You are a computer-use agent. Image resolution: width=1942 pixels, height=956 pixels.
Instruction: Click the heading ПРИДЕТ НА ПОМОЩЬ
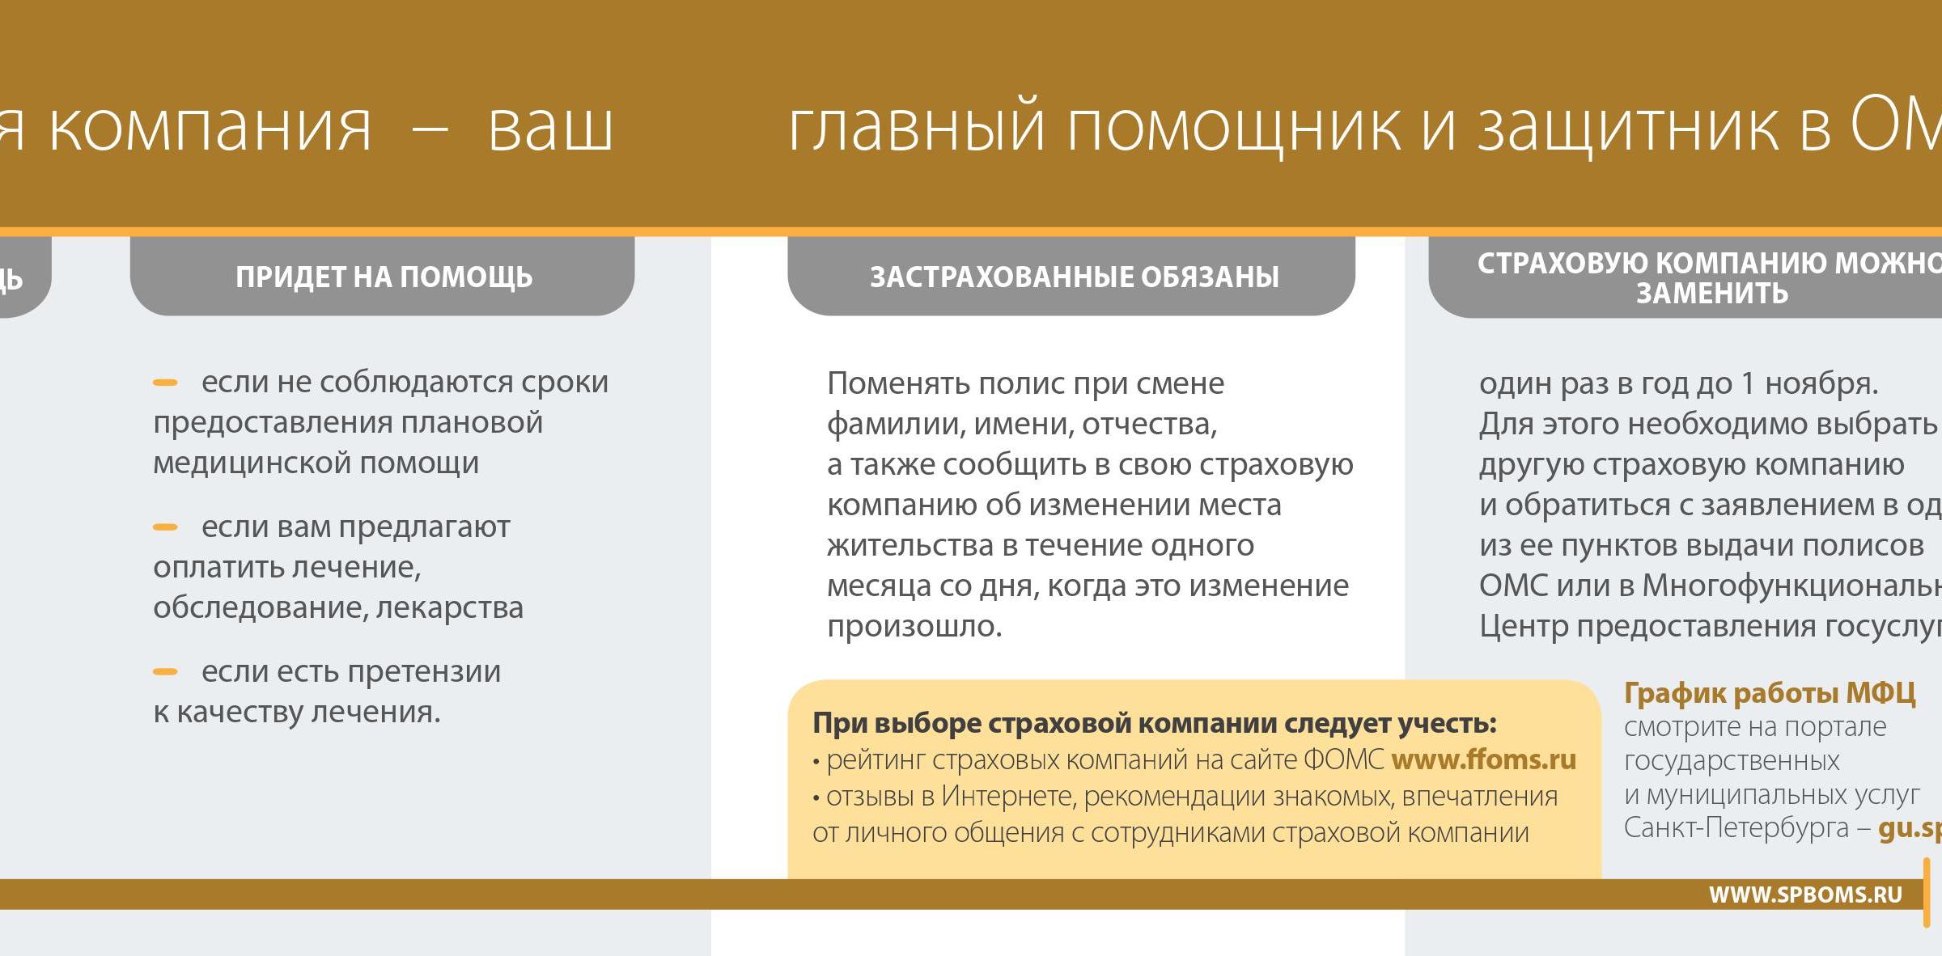tap(384, 277)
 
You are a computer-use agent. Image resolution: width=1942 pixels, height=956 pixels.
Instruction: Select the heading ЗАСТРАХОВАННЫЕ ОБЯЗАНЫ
tap(1074, 277)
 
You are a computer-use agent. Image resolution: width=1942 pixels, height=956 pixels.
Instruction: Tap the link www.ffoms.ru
tap(1483, 759)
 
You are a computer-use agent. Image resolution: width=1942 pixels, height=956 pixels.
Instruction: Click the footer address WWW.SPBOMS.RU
tap(1804, 895)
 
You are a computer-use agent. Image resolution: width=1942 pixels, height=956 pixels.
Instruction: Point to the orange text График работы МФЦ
tap(1770, 693)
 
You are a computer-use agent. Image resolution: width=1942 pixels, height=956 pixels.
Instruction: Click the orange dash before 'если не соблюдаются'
tap(165, 383)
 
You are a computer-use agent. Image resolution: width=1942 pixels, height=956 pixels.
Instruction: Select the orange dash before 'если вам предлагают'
tap(165, 527)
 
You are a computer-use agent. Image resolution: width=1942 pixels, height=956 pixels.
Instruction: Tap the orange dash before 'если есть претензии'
tap(165, 671)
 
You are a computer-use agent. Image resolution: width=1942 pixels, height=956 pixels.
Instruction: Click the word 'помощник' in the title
tap(1233, 128)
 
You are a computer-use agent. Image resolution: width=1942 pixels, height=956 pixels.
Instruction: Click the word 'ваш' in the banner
tap(550, 128)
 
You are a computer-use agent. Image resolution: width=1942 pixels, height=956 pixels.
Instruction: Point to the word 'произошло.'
tap(914, 626)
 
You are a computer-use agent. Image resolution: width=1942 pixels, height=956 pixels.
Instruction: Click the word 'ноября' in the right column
tap(1820, 383)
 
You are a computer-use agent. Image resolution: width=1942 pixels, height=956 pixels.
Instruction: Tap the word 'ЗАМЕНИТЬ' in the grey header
tap(1711, 293)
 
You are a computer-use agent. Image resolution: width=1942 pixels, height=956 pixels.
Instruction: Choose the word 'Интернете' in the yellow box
tap(1007, 797)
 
